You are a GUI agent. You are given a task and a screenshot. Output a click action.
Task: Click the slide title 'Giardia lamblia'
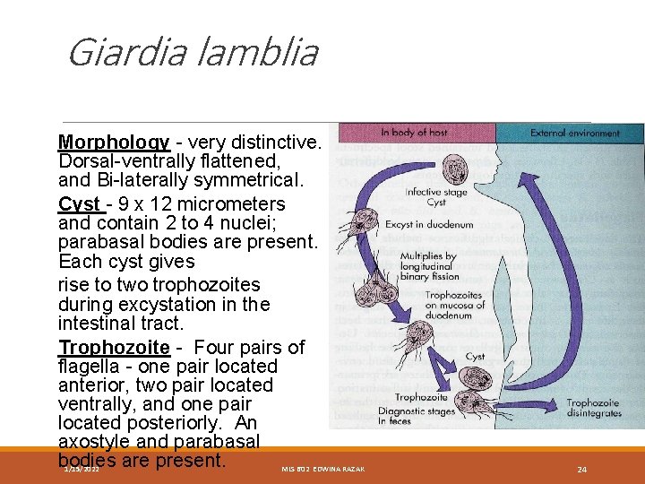(193, 53)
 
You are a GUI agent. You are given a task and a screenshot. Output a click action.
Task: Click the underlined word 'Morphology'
(114, 143)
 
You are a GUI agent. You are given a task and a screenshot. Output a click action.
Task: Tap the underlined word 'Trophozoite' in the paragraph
(114, 347)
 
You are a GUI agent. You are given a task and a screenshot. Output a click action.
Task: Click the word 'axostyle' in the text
(96, 442)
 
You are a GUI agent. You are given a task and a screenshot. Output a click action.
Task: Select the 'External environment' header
(574, 133)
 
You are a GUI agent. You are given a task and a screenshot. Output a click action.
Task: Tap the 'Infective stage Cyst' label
(437, 196)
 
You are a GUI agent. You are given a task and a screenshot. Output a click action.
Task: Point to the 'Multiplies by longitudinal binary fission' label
(428, 265)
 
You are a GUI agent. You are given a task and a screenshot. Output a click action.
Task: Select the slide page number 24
(581, 470)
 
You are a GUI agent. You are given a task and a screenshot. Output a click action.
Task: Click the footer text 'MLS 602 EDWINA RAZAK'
(322, 470)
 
